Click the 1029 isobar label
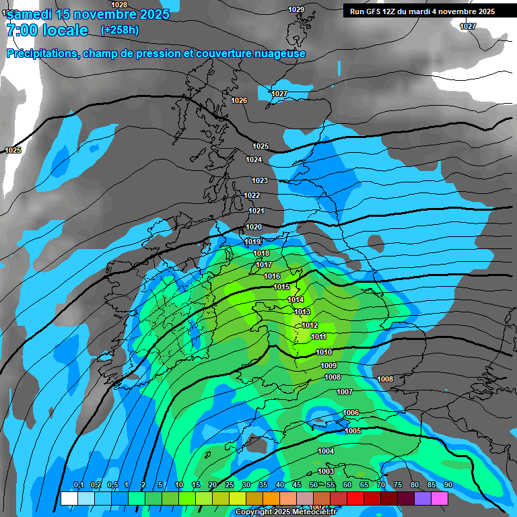point(296,9)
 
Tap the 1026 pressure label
point(239,100)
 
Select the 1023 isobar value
point(260,180)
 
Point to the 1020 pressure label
point(254,227)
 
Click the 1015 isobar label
point(282,287)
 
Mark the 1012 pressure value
point(310,325)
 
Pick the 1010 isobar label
point(324,352)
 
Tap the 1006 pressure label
point(351,413)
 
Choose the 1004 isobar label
point(326,451)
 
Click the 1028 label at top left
point(119,5)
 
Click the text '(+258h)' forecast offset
point(120,30)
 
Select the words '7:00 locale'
point(47,30)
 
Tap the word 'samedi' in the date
point(33,13)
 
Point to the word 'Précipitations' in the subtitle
point(42,54)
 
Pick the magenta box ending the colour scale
point(440,498)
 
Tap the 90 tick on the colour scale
point(448,485)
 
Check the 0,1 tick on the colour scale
point(78,485)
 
